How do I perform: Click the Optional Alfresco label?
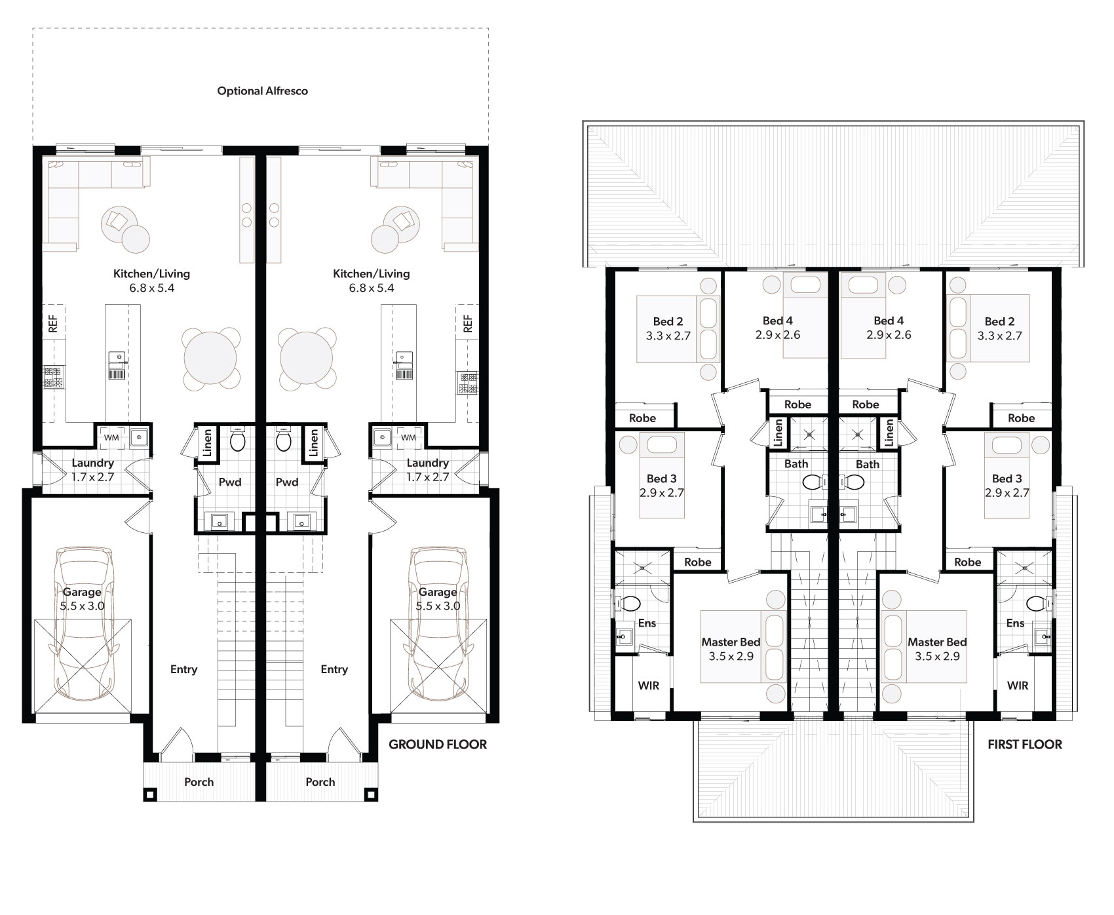262,91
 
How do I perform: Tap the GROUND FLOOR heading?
438,744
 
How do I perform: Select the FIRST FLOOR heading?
1025,744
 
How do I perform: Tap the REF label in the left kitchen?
53,324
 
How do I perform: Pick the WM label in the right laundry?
409,437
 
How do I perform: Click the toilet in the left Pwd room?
237,440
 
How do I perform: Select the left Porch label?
199,782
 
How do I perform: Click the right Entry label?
334,669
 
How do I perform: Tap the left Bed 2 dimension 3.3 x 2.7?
668,336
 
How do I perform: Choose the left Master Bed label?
731,642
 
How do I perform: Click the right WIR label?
1018,686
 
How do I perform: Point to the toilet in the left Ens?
630,602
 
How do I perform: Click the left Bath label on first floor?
796,464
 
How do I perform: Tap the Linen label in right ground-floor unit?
314,442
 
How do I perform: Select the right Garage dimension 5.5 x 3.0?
438,606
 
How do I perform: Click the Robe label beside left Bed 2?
642,418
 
